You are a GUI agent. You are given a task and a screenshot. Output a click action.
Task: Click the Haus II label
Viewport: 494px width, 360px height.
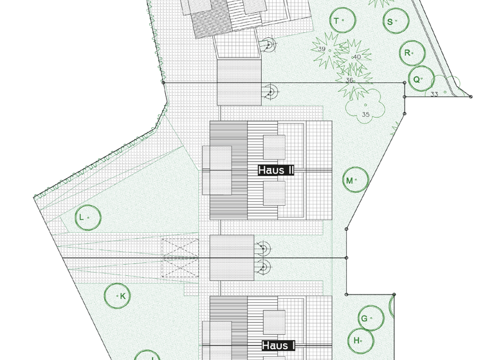coord(276,170)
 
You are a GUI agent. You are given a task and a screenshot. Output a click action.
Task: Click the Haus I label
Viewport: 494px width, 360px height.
coord(278,346)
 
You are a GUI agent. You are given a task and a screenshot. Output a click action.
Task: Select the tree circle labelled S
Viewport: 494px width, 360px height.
coord(394,21)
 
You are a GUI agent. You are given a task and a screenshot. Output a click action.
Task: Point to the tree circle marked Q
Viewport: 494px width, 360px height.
coord(419,79)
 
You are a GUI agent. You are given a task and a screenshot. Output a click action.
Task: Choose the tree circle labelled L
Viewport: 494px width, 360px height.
coord(86,217)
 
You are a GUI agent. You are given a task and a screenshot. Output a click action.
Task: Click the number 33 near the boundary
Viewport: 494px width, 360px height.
coord(434,94)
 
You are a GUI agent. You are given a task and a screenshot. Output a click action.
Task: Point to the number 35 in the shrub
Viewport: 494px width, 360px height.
coord(365,114)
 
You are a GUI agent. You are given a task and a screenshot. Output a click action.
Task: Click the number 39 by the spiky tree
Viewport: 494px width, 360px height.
coord(322,49)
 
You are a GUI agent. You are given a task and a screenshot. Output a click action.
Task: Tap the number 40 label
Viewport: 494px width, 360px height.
coord(356,57)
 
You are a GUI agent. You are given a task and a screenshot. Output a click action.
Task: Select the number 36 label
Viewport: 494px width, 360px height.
coord(349,80)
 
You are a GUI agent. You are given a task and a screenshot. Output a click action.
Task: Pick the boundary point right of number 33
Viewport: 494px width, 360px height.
coord(471,96)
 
